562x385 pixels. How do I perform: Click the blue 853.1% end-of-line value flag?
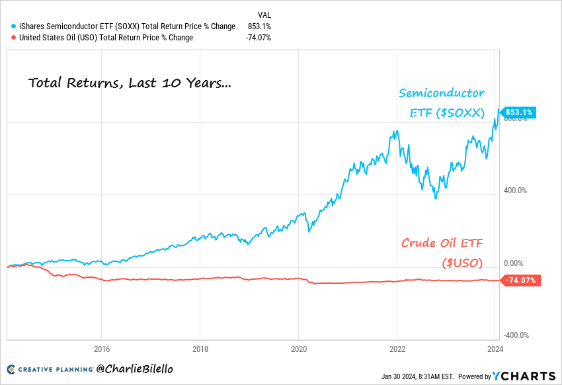[520, 112]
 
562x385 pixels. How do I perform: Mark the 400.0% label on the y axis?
[515, 191]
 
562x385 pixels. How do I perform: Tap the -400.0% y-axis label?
[514, 335]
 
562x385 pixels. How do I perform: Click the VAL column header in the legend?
[264, 15]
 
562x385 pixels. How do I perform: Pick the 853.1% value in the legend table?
[259, 26]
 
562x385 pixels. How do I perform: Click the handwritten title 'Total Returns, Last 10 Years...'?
[130, 83]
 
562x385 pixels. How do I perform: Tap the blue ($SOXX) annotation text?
[446, 113]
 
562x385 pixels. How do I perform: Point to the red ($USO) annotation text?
[462, 263]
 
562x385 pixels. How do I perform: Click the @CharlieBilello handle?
[135, 368]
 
